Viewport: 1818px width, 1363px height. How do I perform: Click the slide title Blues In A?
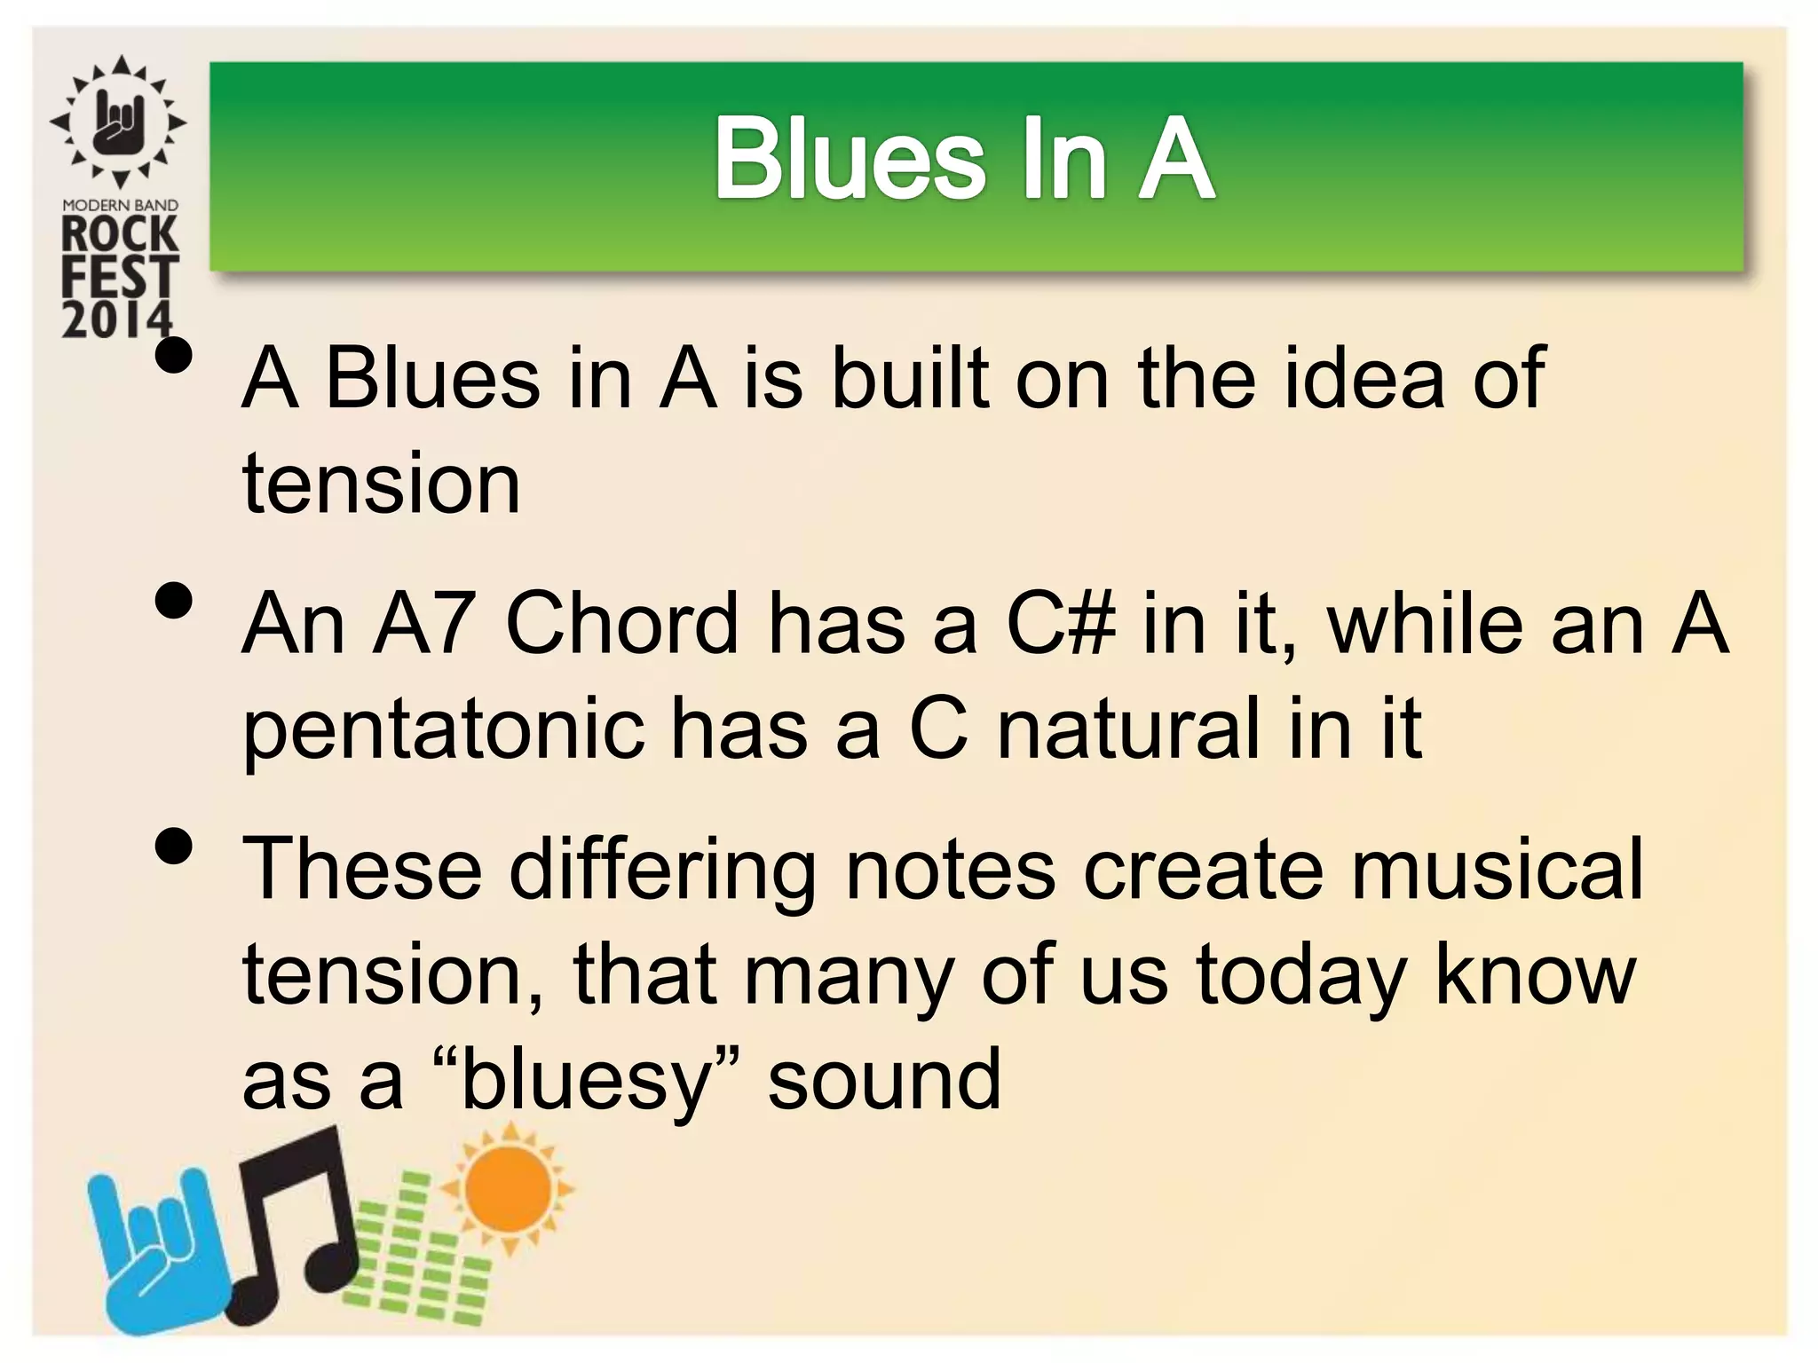pyautogui.click(x=964, y=160)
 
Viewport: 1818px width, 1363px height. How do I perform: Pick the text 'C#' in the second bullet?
pyautogui.click(x=1060, y=624)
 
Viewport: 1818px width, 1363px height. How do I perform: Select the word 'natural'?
pyautogui.click(x=1128, y=729)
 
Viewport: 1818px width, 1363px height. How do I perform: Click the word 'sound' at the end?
pyautogui.click(x=884, y=1080)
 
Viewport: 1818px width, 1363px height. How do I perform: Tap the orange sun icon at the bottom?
pyautogui.click(x=509, y=1189)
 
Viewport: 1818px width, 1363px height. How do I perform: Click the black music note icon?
pyautogui.click(x=297, y=1229)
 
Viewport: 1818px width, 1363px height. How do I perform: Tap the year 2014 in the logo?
pyautogui.click(x=116, y=319)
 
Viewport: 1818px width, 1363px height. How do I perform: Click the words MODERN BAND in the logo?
pyautogui.click(x=120, y=205)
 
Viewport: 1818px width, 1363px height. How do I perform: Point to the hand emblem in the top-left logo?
pyautogui.click(x=118, y=121)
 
